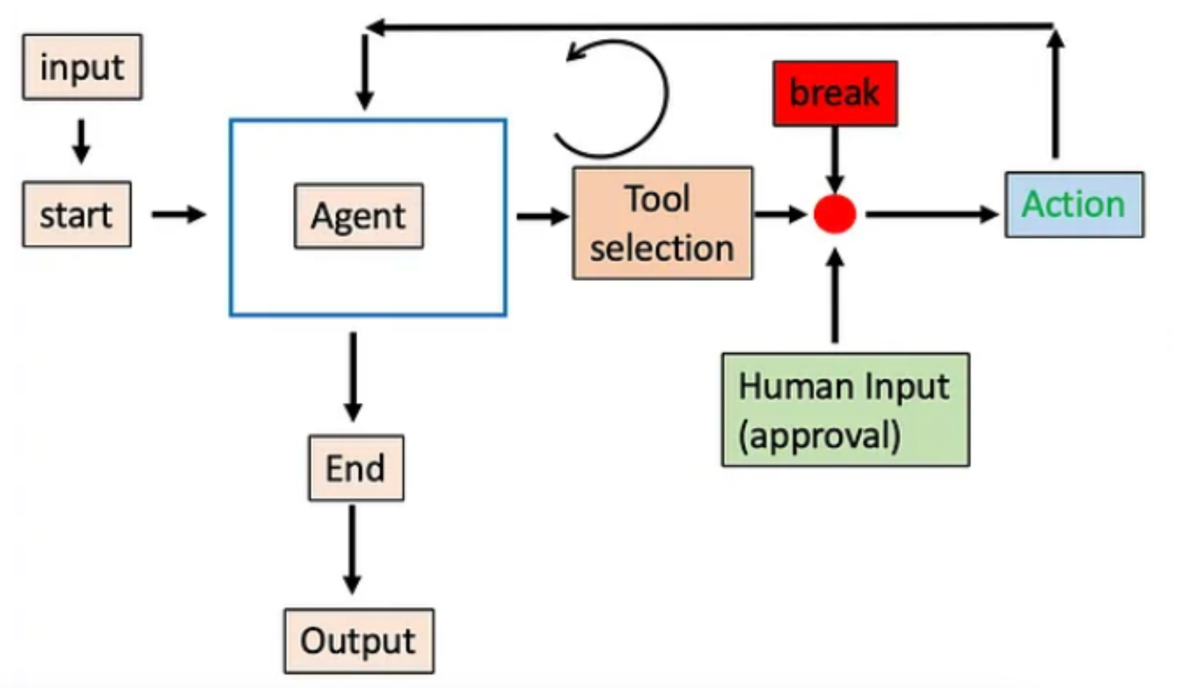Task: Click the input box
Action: coord(82,67)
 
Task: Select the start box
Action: coord(77,214)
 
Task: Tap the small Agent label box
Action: coord(359,216)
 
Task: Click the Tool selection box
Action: coord(663,223)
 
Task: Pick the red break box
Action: coord(835,94)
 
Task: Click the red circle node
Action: coord(835,214)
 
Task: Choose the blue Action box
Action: coord(1074,205)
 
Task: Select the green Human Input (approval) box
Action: coord(845,410)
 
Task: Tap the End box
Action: coord(356,468)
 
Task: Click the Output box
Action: coord(359,641)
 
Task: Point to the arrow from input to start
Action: coord(81,142)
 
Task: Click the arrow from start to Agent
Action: coord(178,214)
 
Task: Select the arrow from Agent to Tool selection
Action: coord(542,216)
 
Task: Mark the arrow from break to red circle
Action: coord(835,159)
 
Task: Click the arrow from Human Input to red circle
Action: coord(835,297)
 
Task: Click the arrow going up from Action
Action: coord(1056,94)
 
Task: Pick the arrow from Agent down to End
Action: coord(353,375)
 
